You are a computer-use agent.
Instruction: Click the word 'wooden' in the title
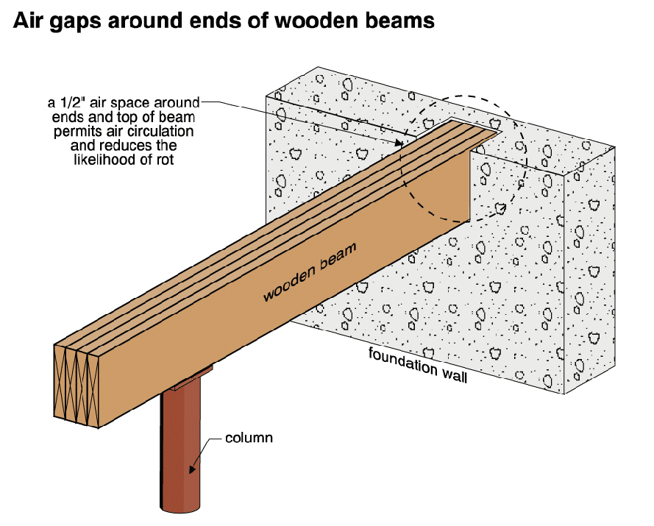pyautogui.click(x=316, y=21)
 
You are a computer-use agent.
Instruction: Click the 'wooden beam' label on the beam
pyautogui.click(x=310, y=271)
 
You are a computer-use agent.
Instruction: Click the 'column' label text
pyautogui.click(x=249, y=438)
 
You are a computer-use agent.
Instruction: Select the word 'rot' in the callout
pyautogui.click(x=165, y=160)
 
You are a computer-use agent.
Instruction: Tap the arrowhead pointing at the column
pyautogui.click(x=192, y=469)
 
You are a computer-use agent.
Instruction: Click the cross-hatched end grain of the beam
pyautogui.click(x=77, y=385)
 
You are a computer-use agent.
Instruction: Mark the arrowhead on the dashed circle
pyautogui.click(x=501, y=207)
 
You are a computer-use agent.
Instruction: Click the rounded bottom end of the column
pyautogui.click(x=180, y=509)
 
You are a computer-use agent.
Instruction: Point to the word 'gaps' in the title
pyautogui.click(x=75, y=21)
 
